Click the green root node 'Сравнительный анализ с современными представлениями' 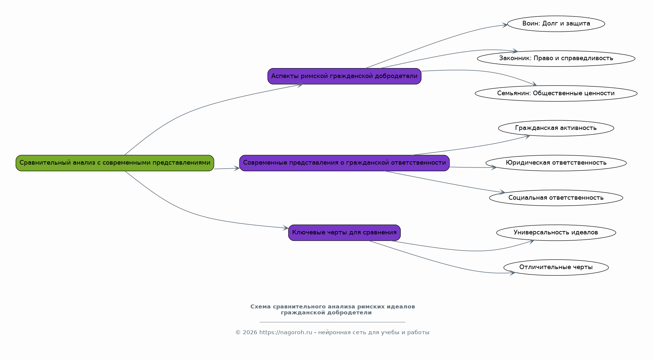(115, 163)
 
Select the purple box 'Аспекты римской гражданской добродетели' (344, 76)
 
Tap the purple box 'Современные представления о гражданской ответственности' (344, 163)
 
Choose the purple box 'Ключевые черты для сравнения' (344, 233)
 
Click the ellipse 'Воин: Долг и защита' (556, 24)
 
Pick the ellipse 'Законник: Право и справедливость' (556, 59)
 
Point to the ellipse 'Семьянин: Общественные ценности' (556, 94)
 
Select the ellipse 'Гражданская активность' (556, 128)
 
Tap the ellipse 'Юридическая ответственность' (556, 163)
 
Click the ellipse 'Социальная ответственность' (556, 198)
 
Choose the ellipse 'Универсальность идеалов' (556, 233)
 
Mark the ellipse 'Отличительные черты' (556, 267)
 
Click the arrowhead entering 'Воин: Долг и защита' (505, 25)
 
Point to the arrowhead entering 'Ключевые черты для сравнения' (285, 228)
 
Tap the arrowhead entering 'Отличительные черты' (512, 273)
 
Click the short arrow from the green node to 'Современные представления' (227, 169)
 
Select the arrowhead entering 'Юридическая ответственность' (494, 168)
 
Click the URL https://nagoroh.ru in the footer (285, 333)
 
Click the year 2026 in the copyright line (250, 333)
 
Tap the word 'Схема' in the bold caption (260, 307)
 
